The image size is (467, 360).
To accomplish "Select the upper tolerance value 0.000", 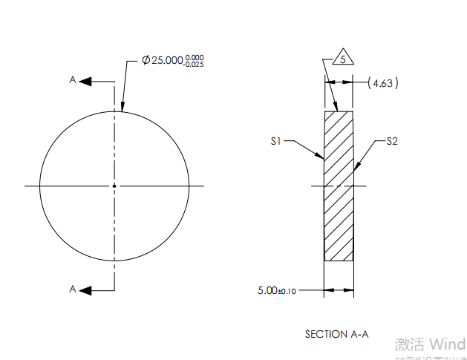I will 195,57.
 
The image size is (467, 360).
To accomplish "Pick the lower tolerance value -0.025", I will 195,65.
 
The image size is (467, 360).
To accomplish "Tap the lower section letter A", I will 73,288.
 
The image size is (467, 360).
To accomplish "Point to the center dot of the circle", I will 114,186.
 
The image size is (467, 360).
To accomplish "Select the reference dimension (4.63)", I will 383,83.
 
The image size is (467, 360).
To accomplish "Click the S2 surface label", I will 392,140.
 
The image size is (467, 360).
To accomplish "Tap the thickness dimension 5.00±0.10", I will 276,290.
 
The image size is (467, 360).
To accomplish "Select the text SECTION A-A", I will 336,334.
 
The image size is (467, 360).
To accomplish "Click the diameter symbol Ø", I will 146,60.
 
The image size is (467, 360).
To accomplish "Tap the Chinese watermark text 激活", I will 409,344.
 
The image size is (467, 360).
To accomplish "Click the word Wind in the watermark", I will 448,344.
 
